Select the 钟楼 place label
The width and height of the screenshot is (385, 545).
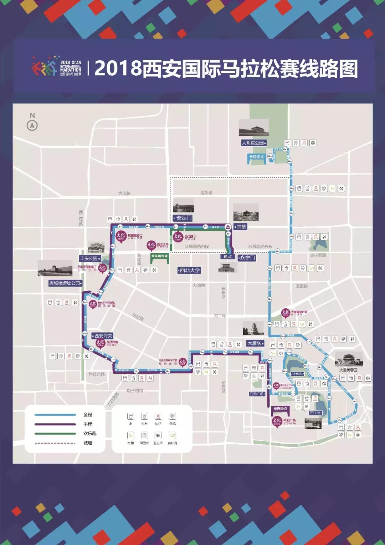click(x=241, y=227)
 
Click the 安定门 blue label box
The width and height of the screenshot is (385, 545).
click(x=183, y=218)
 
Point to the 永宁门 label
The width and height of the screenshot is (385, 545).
click(x=247, y=258)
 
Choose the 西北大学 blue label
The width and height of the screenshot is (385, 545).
click(x=189, y=270)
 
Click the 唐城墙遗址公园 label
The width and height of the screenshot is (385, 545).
click(x=65, y=283)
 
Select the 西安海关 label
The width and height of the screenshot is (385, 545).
click(x=103, y=336)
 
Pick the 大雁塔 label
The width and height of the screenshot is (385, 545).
click(x=255, y=343)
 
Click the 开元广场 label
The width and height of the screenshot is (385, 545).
click(x=257, y=394)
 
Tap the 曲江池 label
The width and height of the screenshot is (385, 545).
click(x=315, y=413)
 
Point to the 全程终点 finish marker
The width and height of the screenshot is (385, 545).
click(x=257, y=157)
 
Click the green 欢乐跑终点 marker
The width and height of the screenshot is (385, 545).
click(x=159, y=256)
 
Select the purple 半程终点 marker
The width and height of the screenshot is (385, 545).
click(x=280, y=409)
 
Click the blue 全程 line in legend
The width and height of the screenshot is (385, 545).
click(x=55, y=415)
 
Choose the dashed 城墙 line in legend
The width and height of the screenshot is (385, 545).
click(x=55, y=443)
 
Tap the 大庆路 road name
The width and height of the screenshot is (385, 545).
click(x=124, y=193)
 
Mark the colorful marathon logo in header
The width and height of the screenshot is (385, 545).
click(x=44, y=66)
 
